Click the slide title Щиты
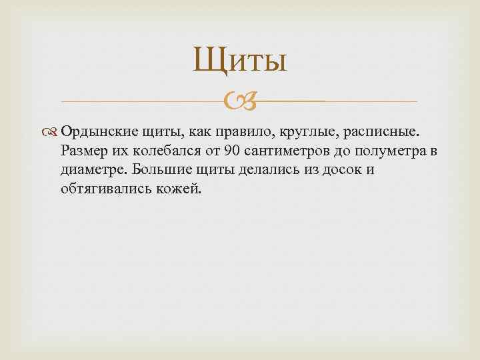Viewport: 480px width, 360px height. point(240,61)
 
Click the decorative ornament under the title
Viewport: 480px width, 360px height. point(239,101)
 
